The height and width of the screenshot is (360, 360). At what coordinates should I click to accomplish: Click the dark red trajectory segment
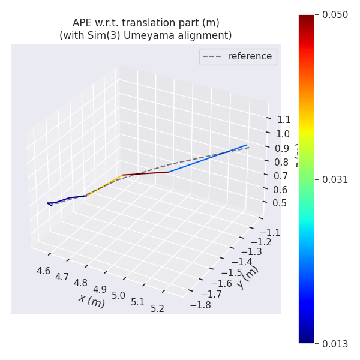(146, 173)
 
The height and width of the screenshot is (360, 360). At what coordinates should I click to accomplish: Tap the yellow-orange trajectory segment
(105, 185)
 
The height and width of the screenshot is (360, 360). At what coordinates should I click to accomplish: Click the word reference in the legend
(250, 56)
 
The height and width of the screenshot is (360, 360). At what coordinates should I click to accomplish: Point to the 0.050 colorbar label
(335, 15)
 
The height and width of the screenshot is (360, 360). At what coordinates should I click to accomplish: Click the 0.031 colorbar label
(335, 179)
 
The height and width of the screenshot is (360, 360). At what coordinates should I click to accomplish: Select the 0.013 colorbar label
(335, 344)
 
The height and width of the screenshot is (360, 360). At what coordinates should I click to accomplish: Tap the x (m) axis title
(91, 299)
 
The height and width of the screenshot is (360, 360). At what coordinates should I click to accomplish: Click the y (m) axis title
(247, 277)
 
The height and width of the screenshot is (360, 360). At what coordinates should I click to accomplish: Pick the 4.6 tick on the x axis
(43, 271)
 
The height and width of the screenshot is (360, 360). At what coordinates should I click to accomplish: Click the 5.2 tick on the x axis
(157, 308)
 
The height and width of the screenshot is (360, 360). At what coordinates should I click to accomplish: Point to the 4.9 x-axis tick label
(100, 289)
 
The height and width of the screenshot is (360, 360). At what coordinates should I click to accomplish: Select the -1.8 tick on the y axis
(200, 305)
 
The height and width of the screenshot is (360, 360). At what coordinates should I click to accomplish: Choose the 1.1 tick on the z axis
(284, 119)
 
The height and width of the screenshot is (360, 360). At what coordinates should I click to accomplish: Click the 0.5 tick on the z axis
(279, 203)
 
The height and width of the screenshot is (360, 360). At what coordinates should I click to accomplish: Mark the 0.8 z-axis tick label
(281, 161)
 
